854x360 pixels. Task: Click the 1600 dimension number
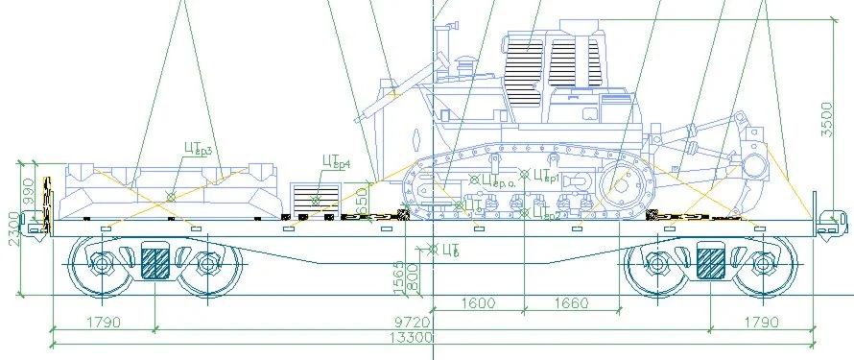coord(477,303)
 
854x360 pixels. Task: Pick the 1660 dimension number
coord(570,303)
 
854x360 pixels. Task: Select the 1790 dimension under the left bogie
coord(104,323)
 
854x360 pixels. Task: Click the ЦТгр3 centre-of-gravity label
coord(197,149)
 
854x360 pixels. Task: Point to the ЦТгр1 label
coord(545,176)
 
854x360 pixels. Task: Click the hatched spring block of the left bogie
coord(155,262)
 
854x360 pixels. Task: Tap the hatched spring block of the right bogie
coord(711,262)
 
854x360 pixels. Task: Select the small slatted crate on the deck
coord(317,199)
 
